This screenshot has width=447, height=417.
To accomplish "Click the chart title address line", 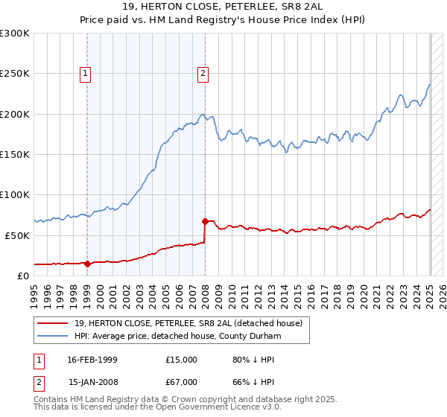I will pos(223,7).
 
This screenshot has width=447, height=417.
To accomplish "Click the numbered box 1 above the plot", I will pos(86,73).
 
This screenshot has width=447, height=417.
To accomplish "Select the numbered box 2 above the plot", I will pos(203,73).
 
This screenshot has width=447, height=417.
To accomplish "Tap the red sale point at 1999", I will pos(87,263).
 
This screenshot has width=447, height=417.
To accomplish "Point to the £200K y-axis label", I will pos(15,114).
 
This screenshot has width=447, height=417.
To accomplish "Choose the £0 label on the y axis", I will pos(22,276).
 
